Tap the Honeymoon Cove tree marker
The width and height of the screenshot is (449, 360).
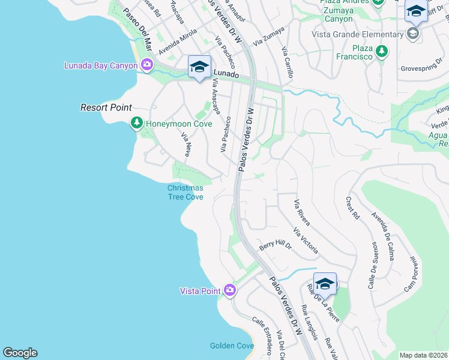[137, 123]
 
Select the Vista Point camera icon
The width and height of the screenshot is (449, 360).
[229, 290]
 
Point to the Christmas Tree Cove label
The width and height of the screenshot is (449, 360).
[185, 192]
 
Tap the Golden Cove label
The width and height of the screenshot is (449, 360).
[231, 346]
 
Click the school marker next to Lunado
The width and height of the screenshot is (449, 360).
[199, 67]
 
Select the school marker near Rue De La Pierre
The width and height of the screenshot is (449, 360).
[325, 284]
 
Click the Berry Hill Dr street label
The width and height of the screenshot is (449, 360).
[275, 245]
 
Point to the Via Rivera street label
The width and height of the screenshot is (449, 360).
[301, 212]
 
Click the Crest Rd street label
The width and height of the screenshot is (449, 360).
[352, 208]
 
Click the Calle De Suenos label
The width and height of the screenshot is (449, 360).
[373, 265]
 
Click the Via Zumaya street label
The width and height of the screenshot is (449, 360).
[267, 40]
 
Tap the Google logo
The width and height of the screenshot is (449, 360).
[20, 353]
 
